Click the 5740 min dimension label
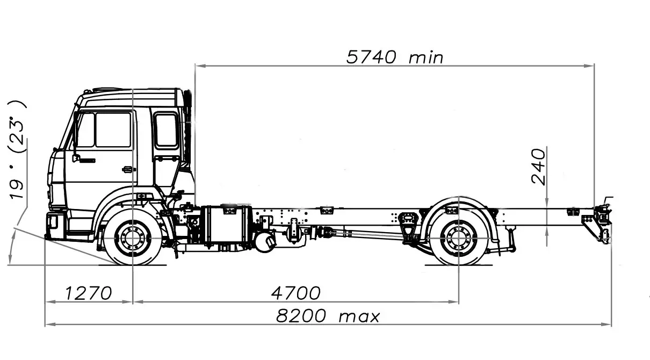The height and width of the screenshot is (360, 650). pos(395,57)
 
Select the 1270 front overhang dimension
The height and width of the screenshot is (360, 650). pos(89,293)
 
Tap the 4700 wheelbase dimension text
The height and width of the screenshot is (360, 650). pos(296,293)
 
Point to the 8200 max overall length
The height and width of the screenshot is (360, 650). pos(328,316)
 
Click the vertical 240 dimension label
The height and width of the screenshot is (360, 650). pos(539,167)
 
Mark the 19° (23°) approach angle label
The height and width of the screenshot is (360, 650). pos(17,150)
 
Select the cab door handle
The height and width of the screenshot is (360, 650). pos(128,169)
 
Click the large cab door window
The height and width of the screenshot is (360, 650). pos(113,130)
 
